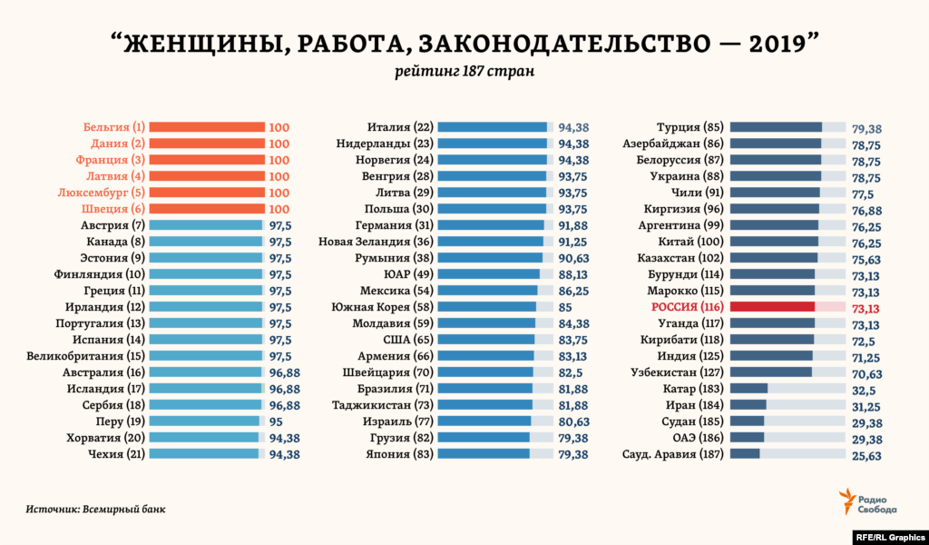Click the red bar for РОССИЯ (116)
[772, 308]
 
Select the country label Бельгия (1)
[113, 127]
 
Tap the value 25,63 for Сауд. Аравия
[866, 455]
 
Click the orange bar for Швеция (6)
[207, 209]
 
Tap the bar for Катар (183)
[748, 389]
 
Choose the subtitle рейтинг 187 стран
[464, 72]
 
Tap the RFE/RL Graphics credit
[890, 535]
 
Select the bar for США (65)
[485, 340]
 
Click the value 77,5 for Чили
[863, 193]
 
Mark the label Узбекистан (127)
[677, 372]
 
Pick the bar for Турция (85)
[776, 128]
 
